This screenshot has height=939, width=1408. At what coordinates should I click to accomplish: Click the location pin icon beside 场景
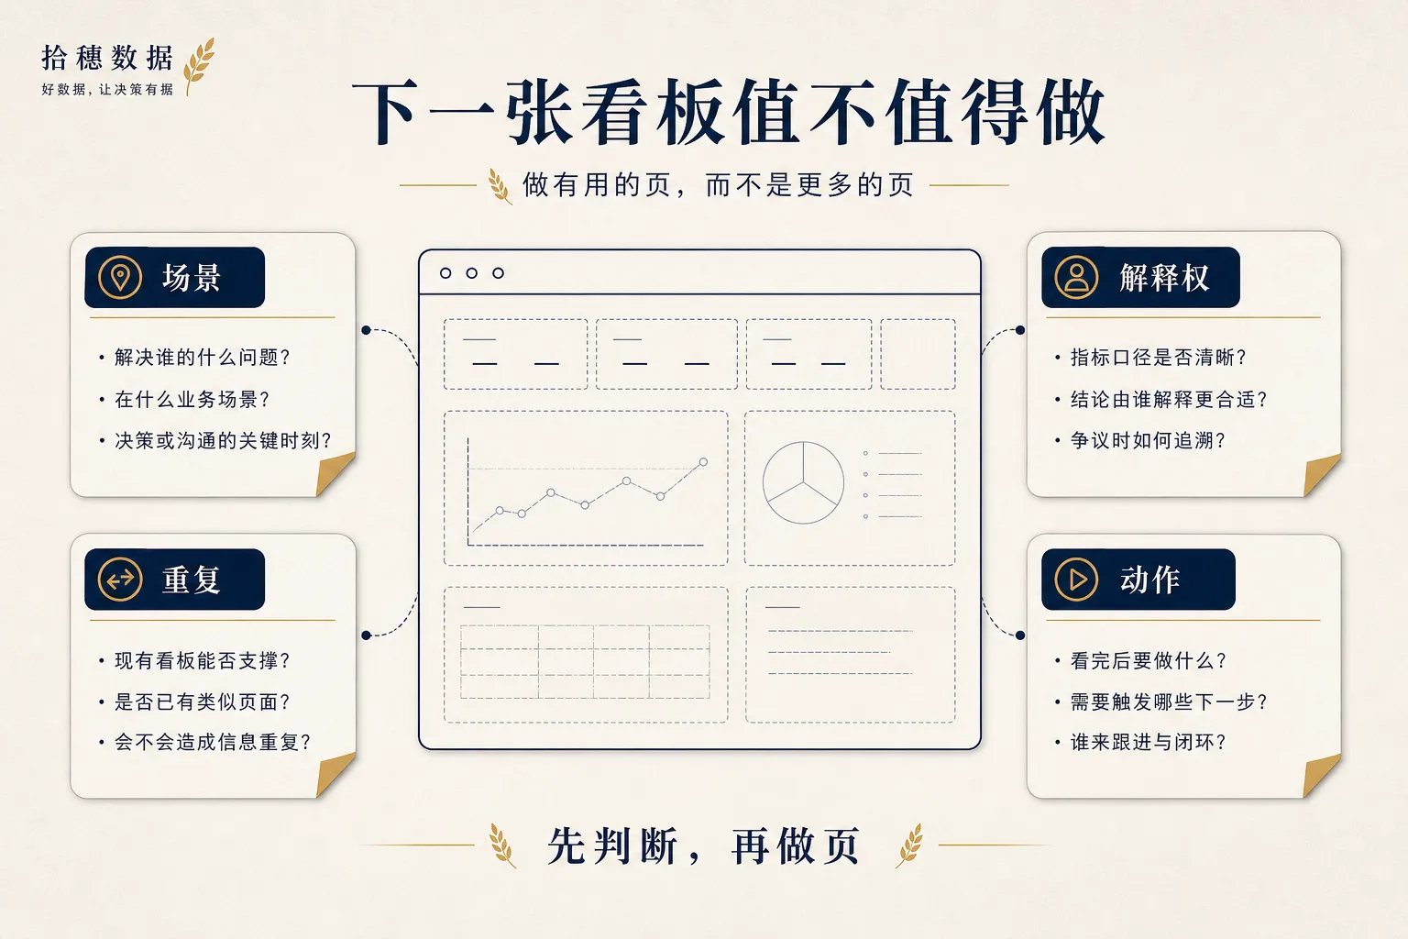119,277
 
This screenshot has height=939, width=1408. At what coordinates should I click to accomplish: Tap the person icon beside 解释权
1076,277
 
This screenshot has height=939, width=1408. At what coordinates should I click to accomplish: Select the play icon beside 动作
1076,580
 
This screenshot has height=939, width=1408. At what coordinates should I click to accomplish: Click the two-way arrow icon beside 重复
119,580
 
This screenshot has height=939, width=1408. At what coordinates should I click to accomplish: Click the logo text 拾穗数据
107,58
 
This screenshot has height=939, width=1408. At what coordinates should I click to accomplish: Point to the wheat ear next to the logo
199,65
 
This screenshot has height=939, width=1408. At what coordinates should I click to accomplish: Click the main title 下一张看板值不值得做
728,112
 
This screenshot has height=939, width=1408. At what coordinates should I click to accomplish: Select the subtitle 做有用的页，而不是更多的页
718,185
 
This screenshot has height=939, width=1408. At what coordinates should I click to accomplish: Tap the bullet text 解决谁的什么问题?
202,358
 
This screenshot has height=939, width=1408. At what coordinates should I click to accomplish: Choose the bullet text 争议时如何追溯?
1148,440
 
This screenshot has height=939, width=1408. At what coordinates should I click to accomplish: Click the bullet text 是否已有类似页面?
202,701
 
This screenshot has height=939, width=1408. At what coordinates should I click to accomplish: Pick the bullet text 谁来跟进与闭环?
1148,742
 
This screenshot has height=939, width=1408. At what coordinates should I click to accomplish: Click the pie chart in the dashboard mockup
803,482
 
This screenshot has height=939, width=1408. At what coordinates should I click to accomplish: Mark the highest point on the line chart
703,462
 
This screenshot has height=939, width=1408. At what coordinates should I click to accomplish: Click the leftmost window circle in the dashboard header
445,273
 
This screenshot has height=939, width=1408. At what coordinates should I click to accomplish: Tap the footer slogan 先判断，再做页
703,845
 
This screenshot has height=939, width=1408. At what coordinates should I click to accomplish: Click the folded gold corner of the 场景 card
334,473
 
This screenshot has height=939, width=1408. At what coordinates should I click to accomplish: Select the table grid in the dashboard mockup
585,662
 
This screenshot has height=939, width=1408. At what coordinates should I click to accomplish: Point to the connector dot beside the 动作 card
1020,635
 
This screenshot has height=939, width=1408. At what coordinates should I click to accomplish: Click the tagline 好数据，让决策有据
107,89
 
